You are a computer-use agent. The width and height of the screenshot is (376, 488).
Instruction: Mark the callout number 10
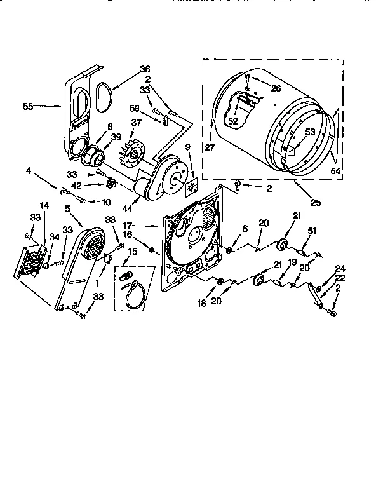coord(105,202)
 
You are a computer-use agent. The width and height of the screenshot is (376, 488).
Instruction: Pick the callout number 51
coord(312,230)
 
